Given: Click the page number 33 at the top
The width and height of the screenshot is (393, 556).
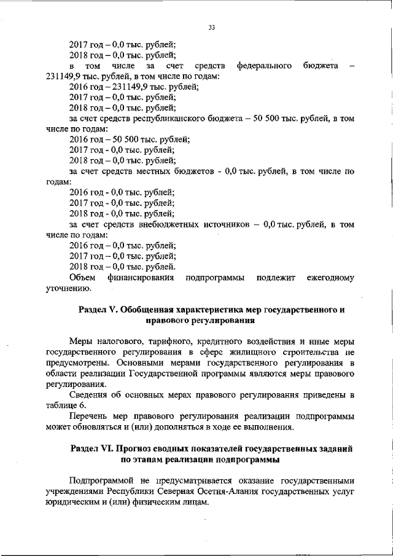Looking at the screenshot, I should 212,28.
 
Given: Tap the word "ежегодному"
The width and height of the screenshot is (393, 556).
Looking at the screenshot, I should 330,278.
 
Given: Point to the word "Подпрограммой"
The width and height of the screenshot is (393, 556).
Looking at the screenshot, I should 99,480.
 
